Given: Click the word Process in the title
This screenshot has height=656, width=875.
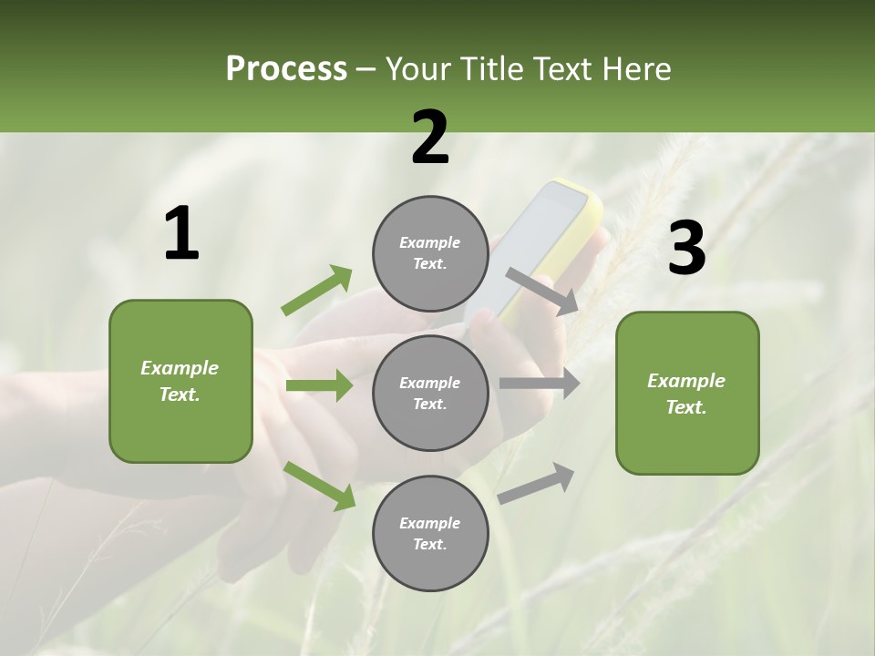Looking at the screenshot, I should [x=286, y=69].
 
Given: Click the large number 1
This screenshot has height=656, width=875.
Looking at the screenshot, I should [x=180, y=234].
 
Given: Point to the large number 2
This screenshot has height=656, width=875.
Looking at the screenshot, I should [x=430, y=137].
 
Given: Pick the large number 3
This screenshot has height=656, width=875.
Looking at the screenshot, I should [x=686, y=249].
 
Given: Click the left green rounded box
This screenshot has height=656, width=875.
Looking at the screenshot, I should [x=180, y=381].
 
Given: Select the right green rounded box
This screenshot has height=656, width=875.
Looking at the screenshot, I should [x=687, y=393].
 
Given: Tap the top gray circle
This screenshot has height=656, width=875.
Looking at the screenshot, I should [x=430, y=253].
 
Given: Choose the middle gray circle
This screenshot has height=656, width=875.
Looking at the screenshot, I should [x=430, y=393].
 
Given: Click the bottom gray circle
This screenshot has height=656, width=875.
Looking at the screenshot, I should [x=430, y=533].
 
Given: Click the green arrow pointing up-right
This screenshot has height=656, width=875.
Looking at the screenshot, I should [x=316, y=291].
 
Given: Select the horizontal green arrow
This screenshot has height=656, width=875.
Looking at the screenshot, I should [x=319, y=385].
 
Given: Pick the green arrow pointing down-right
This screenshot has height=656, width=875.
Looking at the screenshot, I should [x=319, y=485].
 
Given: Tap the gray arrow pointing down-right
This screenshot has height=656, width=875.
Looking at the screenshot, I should [x=541, y=291].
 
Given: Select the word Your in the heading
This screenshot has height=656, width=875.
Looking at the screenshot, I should [x=418, y=69].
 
